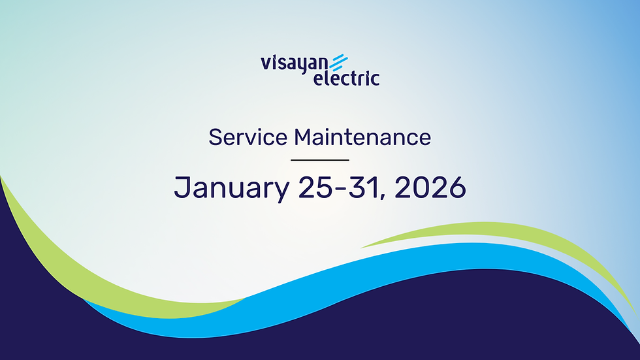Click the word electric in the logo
coord(346,78)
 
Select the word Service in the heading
coord(248,137)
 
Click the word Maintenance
coord(362,137)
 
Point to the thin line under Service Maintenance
coord(319,159)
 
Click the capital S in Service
coord(214,137)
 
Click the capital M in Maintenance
coord(302,137)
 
